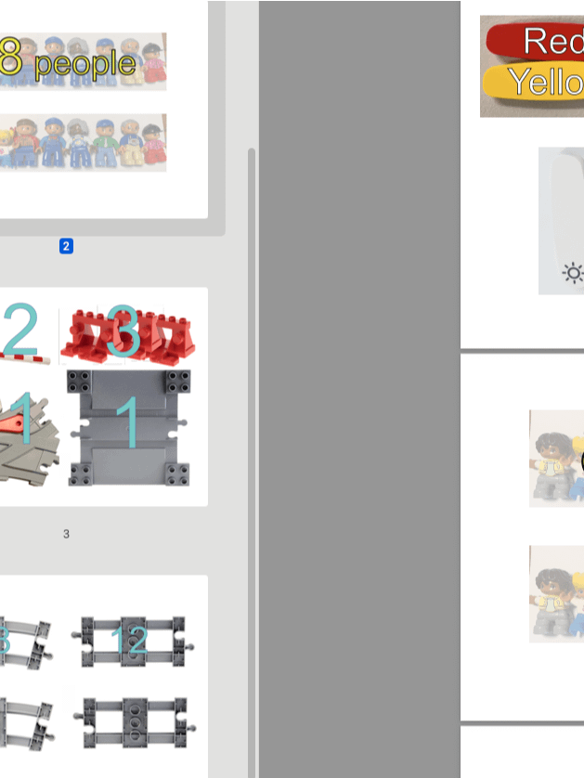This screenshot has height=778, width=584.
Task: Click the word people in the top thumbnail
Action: pos(85,62)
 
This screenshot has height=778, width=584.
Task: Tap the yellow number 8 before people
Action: pos(10,58)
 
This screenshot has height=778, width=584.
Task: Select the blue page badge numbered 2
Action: pos(66,246)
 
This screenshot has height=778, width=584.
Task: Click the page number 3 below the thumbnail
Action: pos(66,534)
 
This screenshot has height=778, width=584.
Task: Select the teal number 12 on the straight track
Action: pos(129,641)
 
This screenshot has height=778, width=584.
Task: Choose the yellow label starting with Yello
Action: pos(547,83)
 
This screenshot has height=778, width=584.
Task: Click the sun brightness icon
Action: pos(573,272)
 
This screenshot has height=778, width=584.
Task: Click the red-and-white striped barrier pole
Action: pos(28,357)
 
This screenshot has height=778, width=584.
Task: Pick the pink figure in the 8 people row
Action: pos(153,63)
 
